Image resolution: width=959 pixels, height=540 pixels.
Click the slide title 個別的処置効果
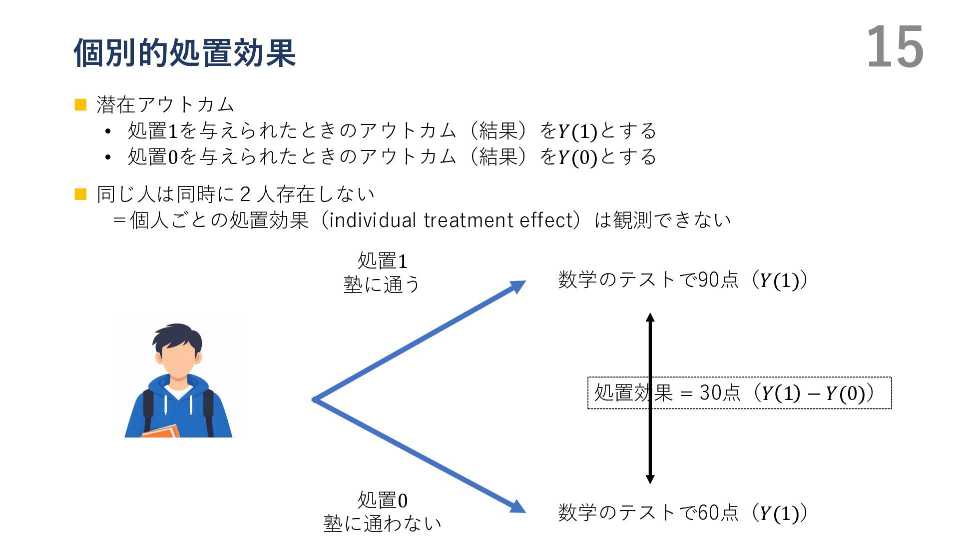(x=185, y=52)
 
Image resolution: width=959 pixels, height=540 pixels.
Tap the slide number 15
(x=894, y=47)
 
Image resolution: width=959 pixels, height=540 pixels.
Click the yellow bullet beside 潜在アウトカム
(x=80, y=104)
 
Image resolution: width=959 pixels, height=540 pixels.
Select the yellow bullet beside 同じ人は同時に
(x=80, y=194)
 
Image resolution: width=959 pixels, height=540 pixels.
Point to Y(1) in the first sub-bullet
(x=577, y=131)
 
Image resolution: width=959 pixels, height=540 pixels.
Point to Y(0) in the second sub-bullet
(x=577, y=157)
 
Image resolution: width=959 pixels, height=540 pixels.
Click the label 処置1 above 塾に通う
(x=382, y=260)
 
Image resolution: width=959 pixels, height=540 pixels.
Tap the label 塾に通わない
(x=382, y=523)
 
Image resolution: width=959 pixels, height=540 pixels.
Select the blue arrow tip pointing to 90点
(x=518, y=286)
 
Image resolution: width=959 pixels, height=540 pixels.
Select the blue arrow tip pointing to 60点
(x=518, y=507)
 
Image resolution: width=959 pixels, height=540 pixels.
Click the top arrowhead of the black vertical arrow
(x=650, y=317)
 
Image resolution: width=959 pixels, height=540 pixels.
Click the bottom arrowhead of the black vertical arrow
(x=650, y=479)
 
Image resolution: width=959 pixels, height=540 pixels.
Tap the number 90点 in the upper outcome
(x=718, y=279)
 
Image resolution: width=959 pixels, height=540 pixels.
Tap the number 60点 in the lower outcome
(x=718, y=512)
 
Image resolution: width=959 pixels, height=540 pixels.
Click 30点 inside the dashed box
(x=720, y=393)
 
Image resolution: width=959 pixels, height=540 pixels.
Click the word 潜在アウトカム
(x=165, y=104)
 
